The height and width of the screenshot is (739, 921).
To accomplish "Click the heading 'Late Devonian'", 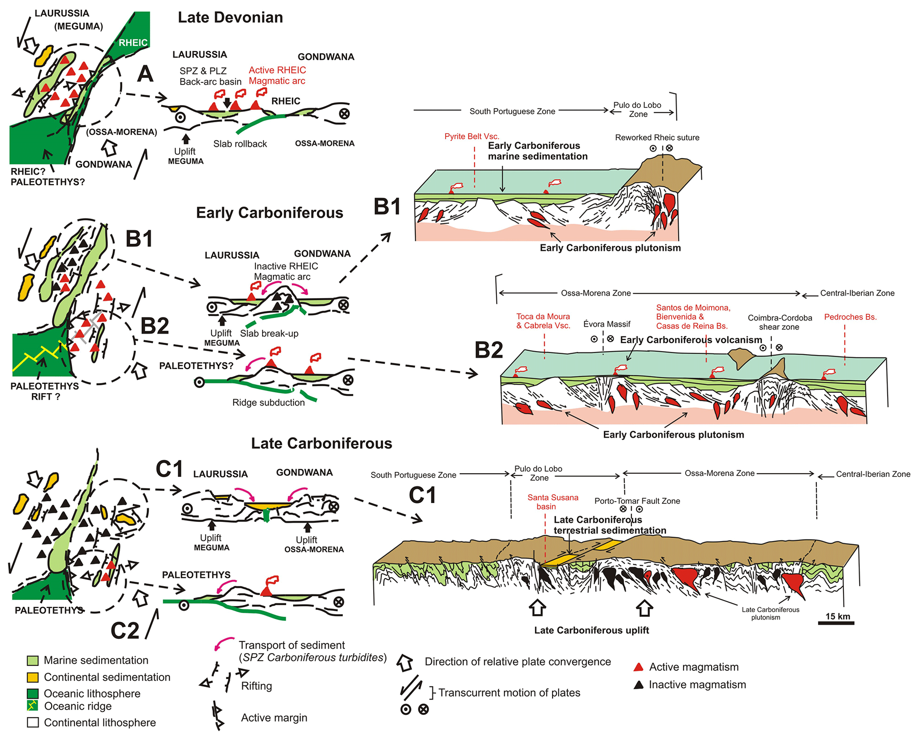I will pos(230,17).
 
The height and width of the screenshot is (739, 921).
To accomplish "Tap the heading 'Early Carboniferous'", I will pos(270,213).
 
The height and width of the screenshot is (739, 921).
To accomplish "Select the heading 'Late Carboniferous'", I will pos(321,443).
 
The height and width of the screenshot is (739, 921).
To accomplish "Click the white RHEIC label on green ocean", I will pos(133,43).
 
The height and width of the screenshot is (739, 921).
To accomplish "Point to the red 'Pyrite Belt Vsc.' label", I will pos(471,137).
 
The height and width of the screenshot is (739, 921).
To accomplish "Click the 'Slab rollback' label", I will pos(240,144).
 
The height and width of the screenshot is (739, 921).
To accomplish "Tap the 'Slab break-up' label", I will pos(269,333).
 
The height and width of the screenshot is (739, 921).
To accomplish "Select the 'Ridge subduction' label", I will pos(268,402).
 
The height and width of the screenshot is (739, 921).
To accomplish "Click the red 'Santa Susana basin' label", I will pos(553,502).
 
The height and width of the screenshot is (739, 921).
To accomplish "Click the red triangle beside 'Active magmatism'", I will pos(639,667).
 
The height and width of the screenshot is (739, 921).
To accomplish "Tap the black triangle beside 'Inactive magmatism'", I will pos(639,685).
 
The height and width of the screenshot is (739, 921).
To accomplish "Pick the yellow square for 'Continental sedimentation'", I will pos(33,678).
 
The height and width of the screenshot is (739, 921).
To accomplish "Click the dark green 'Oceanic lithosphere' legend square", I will pos(33,694).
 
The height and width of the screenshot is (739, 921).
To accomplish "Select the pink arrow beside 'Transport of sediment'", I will pos(224,644).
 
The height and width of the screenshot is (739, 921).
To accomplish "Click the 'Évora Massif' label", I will pos(606,324).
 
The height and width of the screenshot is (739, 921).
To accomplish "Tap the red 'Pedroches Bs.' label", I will pos(850,317).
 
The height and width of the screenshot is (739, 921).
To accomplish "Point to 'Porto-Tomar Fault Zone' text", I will pos(637,501).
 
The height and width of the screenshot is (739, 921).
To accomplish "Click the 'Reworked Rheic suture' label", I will pos(657,138).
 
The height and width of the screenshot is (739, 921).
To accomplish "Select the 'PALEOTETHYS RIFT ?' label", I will pos(45,391).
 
